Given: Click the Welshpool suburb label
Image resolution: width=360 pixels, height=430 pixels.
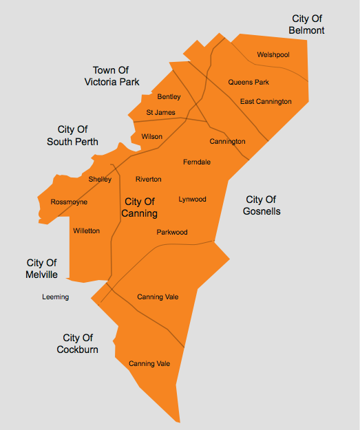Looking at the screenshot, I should point(273,54).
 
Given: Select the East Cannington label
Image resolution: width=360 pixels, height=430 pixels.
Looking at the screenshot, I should point(266,102).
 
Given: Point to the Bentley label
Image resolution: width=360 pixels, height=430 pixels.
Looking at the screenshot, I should point(169,97).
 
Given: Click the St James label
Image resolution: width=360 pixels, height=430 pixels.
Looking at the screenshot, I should point(160,113).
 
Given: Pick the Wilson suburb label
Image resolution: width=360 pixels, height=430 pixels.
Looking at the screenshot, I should point(151,137).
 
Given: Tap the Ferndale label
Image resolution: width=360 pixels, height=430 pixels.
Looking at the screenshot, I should point(197,162).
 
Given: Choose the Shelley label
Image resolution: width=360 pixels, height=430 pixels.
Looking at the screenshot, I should point(100,180).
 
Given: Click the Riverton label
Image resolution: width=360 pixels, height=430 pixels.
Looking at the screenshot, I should point(148,180).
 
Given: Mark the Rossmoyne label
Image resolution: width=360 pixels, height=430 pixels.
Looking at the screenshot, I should point(69,202).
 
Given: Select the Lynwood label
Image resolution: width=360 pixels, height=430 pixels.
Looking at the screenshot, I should point(192,200).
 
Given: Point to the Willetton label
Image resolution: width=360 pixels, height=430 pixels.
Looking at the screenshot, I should point(86,231).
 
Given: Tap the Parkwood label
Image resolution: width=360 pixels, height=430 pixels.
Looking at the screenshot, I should point(171,233).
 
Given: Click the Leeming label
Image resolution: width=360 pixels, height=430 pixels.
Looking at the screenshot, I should point(55,297).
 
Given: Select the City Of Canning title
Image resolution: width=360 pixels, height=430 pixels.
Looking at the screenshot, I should point(140,208).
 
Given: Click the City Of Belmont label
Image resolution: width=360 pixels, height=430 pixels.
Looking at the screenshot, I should point(306,25).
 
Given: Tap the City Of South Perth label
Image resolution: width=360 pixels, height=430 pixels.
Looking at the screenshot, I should point(72,136).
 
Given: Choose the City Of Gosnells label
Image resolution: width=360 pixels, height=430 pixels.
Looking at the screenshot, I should point(262,206).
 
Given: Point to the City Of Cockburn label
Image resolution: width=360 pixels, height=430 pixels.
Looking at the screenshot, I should point(77,344).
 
